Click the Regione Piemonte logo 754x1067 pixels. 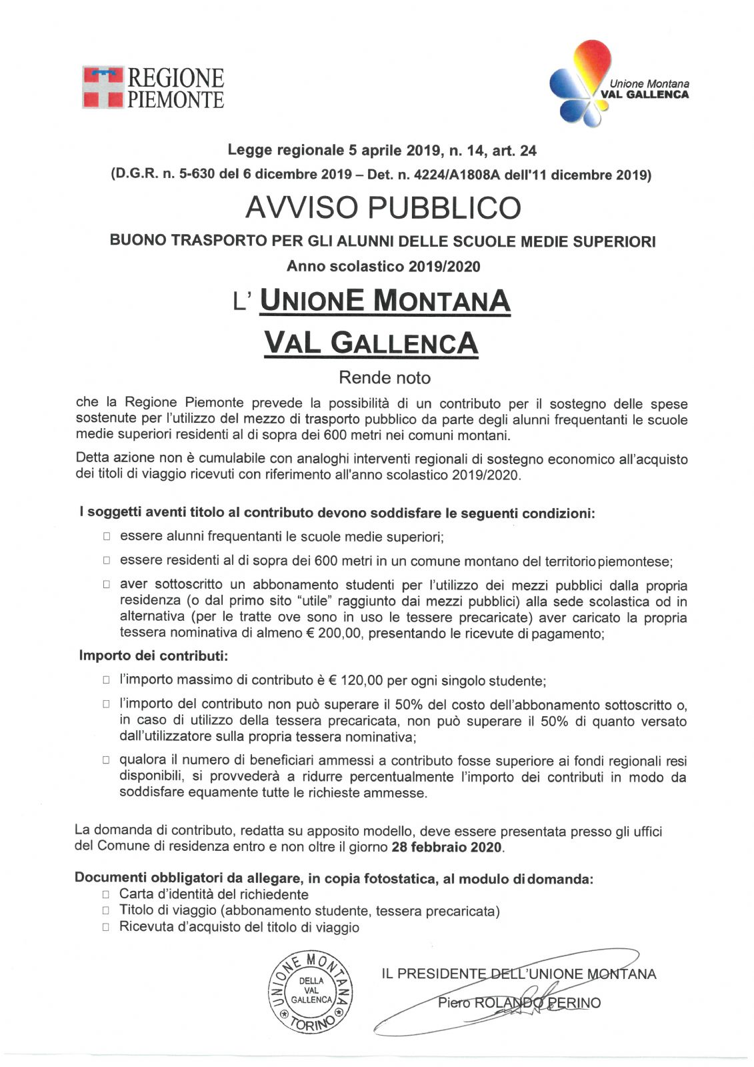(x=153, y=87)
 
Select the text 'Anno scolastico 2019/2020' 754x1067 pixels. (x=383, y=266)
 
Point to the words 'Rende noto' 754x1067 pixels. (x=385, y=377)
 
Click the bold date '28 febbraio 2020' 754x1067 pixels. (x=447, y=848)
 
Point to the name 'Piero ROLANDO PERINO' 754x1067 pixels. (x=519, y=1002)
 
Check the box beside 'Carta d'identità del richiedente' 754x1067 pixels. (x=105, y=895)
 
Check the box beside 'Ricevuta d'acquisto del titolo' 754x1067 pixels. (x=105, y=928)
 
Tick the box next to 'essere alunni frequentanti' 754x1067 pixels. (x=106, y=537)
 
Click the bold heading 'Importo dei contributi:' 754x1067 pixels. (x=153, y=656)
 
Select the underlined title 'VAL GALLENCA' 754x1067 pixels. (x=371, y=343)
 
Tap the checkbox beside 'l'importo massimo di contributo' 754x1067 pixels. (x=106, y=681)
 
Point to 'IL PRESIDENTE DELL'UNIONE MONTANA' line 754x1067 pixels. (x=519, y=974)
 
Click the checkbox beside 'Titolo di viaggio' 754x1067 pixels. (x=105, y=911)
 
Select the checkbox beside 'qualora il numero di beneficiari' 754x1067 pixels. (x=106, y=761)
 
